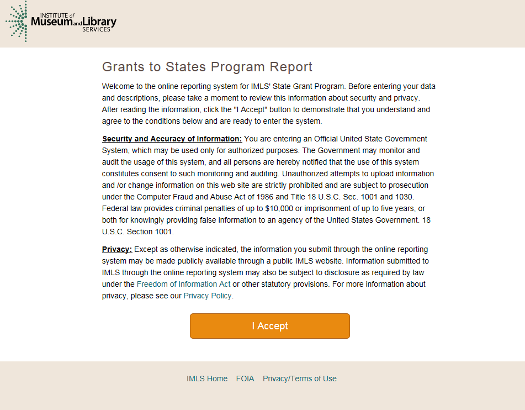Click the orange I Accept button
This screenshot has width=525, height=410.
coord(270,326)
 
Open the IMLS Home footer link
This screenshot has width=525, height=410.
coord(207,379)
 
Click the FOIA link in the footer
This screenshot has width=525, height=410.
coord(245,379)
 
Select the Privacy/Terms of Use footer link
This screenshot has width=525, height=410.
coord(300,379)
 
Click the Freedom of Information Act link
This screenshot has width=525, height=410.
coord(183,284)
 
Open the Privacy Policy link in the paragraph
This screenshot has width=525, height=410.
coord(208,296)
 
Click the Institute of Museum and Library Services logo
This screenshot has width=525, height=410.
coord(61,22)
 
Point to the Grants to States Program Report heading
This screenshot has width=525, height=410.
coord(207,67)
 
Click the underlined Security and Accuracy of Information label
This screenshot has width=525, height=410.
coord(172,139)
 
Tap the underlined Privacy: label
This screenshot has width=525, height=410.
coord(117,249)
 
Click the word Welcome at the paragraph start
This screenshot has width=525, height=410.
coord(118,86)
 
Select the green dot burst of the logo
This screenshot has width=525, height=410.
coord(17,22)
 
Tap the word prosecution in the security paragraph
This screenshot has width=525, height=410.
coord(408,185)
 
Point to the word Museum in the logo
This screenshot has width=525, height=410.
coord(52,22)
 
